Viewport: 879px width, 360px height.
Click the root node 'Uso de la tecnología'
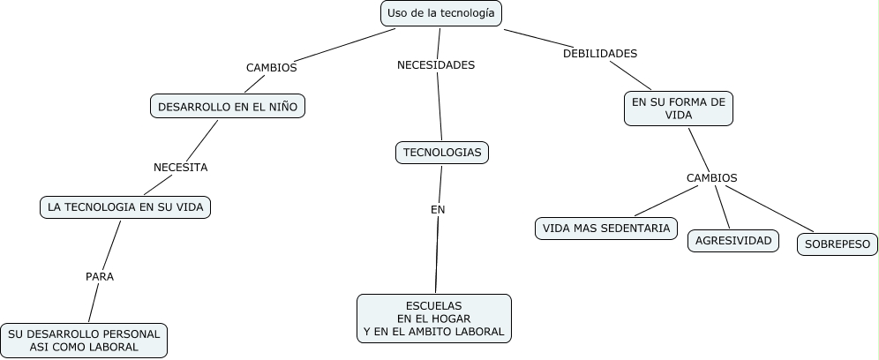442,14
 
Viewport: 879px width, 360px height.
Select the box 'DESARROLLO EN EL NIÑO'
228,107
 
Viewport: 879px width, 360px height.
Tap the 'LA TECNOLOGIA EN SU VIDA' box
125,207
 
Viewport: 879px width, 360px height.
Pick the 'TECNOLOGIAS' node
442,153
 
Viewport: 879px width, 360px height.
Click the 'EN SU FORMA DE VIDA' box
679,109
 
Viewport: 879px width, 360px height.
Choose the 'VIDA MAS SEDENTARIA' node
606,229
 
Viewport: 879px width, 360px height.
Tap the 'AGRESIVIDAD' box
733,240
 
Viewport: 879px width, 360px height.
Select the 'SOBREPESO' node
838,244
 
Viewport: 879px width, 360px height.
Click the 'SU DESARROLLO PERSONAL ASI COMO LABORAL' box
84,341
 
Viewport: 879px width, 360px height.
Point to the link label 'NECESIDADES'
436,64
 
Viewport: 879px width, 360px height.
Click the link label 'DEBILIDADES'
600,53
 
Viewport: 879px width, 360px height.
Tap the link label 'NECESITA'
180,167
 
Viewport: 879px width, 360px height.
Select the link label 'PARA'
100,276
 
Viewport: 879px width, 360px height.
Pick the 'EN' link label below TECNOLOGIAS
438,209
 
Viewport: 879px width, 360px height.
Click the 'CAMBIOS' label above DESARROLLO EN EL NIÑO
271,67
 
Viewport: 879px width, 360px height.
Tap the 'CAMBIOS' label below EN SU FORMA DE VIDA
711,177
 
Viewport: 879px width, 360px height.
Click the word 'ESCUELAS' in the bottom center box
433,305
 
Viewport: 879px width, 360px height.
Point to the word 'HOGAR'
452,319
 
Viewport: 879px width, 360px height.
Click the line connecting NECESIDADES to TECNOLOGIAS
439,110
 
